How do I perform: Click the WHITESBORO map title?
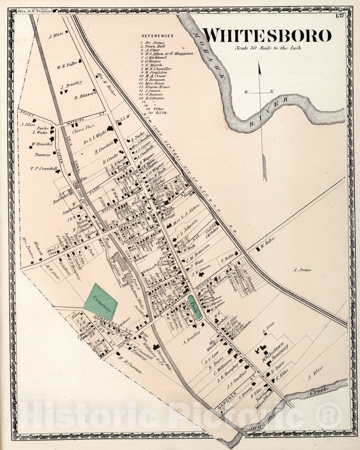[267, 35]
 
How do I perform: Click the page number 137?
[339, 16]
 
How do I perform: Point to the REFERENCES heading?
[157, 36]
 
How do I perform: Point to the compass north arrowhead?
[260, 69]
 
